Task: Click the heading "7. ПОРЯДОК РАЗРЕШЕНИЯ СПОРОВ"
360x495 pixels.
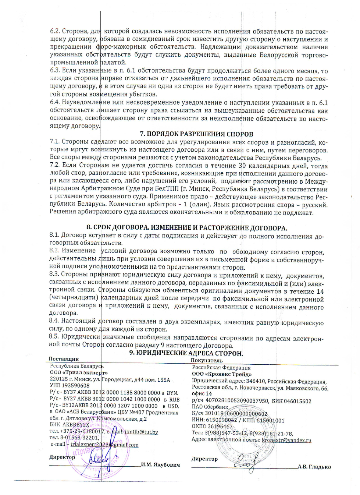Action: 197,134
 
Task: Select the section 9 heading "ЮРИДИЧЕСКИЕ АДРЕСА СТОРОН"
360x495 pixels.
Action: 189,353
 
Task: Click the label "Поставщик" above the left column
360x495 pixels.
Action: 64,359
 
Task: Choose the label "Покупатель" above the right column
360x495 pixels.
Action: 207,360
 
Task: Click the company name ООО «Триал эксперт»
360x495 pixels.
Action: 79,372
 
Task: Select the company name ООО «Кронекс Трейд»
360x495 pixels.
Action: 222,374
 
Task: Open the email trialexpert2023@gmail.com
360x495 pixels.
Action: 104,445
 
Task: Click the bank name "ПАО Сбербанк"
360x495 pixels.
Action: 210,407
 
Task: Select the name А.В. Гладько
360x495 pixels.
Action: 314,467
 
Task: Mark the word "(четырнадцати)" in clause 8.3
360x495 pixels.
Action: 74,297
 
